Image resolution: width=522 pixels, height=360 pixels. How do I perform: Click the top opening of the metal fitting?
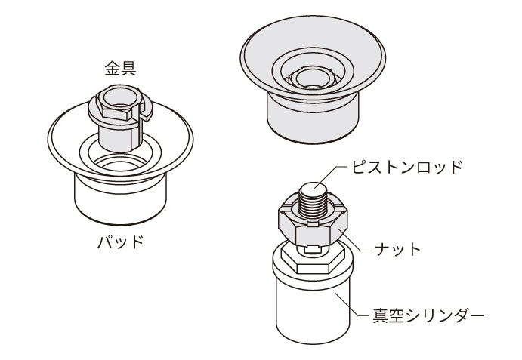coord(116,94)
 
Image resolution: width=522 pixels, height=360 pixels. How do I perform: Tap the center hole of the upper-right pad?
coord(311,76)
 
